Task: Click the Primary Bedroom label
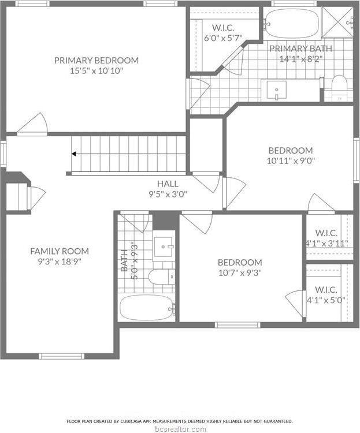[97, 60]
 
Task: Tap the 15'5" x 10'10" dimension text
[97, 71]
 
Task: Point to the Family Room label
[60, 251]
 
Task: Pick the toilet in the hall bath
[161, 277]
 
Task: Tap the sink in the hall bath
[164, 248]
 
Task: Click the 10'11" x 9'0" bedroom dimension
[290, 162]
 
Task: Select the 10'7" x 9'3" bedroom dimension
[240, 273]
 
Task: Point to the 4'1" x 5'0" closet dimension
[326, 300]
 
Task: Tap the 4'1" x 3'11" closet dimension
[326, 244]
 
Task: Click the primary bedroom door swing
[33, 124]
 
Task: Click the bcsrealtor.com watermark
[180, 429]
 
